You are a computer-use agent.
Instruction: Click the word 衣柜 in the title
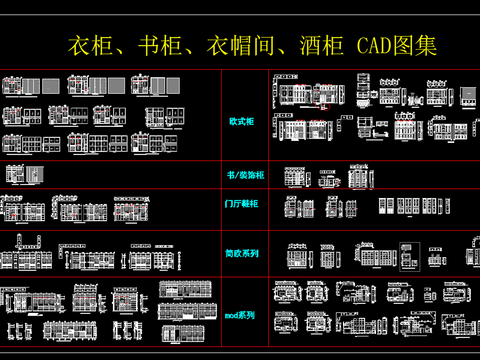88,46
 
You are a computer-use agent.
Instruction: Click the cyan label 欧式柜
242,121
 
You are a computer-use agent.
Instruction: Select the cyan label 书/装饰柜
245,176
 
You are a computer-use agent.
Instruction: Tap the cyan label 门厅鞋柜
243,204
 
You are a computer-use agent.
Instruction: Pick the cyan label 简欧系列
243,254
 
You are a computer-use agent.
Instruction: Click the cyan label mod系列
240,315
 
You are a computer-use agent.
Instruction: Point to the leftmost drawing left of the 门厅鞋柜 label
12,211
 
